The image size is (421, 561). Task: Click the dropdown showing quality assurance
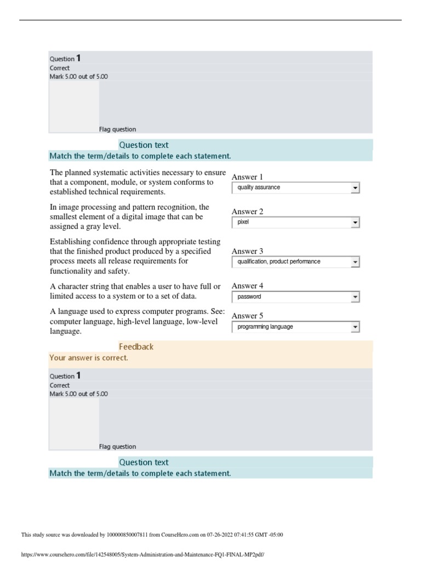[295, 188]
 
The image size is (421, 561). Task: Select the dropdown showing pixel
[295, 223]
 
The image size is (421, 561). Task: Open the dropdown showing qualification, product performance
[295, 262]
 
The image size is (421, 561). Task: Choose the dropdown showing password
[295, 297]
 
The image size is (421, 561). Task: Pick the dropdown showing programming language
[295, 327]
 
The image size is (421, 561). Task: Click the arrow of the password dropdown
[355, 297]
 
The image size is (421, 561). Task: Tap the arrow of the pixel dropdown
[355, 223]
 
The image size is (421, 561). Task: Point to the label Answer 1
[247, 177]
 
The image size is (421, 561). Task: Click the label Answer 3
[247, 251]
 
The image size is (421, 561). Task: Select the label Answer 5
[247, 316]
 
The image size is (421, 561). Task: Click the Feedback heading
[136, 347]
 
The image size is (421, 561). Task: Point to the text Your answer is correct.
[89, 358]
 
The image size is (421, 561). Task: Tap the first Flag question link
[117, 129]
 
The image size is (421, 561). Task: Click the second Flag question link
[117, 446]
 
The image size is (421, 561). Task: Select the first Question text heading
[144, 145]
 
